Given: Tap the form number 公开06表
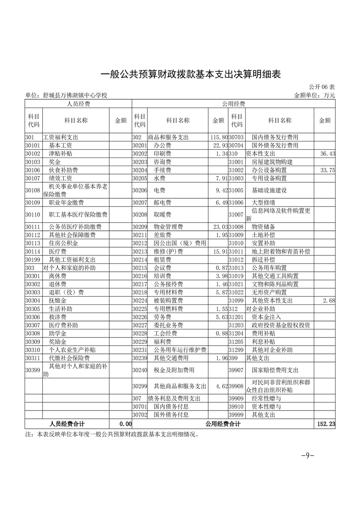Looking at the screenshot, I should [322, 87].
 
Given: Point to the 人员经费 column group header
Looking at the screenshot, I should [78, 104].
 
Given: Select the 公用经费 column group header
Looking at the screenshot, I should [233, 104].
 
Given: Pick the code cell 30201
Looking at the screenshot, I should [140, 146].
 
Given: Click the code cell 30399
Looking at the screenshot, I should [33, 371].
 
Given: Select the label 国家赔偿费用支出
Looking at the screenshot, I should [275, 371].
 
